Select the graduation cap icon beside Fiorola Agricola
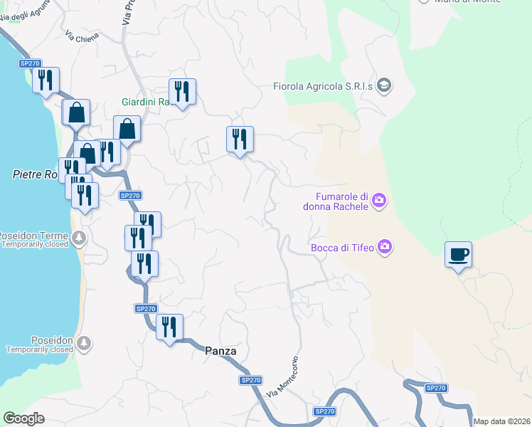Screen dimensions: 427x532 tap(385, 86)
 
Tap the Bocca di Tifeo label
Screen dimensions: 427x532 tap(344, 248)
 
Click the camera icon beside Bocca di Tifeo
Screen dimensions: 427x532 tap(385, 247)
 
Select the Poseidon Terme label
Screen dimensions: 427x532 tap(33, 236)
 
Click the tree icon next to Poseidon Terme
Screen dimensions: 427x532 tap(80, 236)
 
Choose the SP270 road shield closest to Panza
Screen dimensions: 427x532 tap(250, 380)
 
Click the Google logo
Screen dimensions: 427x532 tap(23, 418)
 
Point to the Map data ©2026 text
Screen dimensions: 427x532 tap(501, 421)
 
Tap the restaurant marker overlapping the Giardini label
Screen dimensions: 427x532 tap(182, 91)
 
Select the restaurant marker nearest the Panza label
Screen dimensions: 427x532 tap(169, 327)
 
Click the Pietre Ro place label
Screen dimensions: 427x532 tap(34, 174)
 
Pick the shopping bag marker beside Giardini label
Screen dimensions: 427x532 tap(127, 130)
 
